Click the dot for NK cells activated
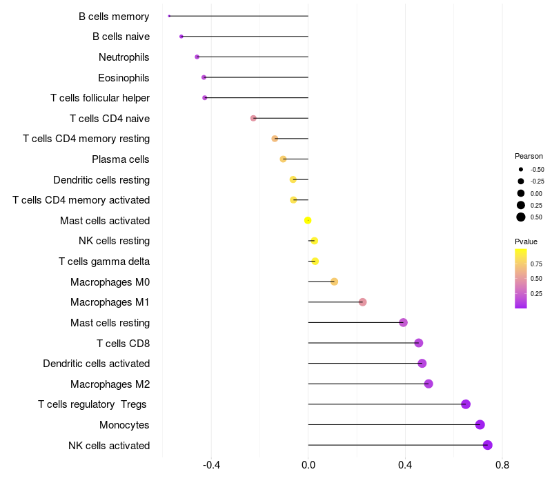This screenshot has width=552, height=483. click(x=488, y=445)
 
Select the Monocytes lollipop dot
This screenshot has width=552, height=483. click(x=480, y=425)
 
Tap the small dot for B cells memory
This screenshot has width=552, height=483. click(x=169, y=16)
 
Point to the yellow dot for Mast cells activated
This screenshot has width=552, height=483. click(x=308, y=220)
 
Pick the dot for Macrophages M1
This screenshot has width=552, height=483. click(x=362, y=302)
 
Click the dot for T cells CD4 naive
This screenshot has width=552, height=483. click(x=253, y=118)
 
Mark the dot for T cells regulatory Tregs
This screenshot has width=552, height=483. click(x=466, y=404)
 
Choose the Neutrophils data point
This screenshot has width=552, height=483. click(x=197, y=57)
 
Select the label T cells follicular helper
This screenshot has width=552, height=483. click(x=100, y=98)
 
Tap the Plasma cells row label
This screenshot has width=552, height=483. click(x=120, y=159)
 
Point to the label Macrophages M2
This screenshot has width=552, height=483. click(x=110, y=384)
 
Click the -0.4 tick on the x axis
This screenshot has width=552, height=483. click(x=211, y=466)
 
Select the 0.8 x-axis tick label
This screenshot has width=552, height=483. click(x=502, y=466)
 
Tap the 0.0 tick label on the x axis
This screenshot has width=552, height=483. click(x=308, y=466)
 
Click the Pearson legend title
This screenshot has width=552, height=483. click(x=529, y=156)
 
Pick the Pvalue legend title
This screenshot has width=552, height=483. click(x=526, y=241)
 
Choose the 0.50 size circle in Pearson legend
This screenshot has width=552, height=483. click(x=521, y=217)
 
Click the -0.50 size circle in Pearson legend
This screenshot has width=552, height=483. click(x=521, y=169)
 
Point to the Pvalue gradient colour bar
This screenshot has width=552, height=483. click(x=521, y=278)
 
